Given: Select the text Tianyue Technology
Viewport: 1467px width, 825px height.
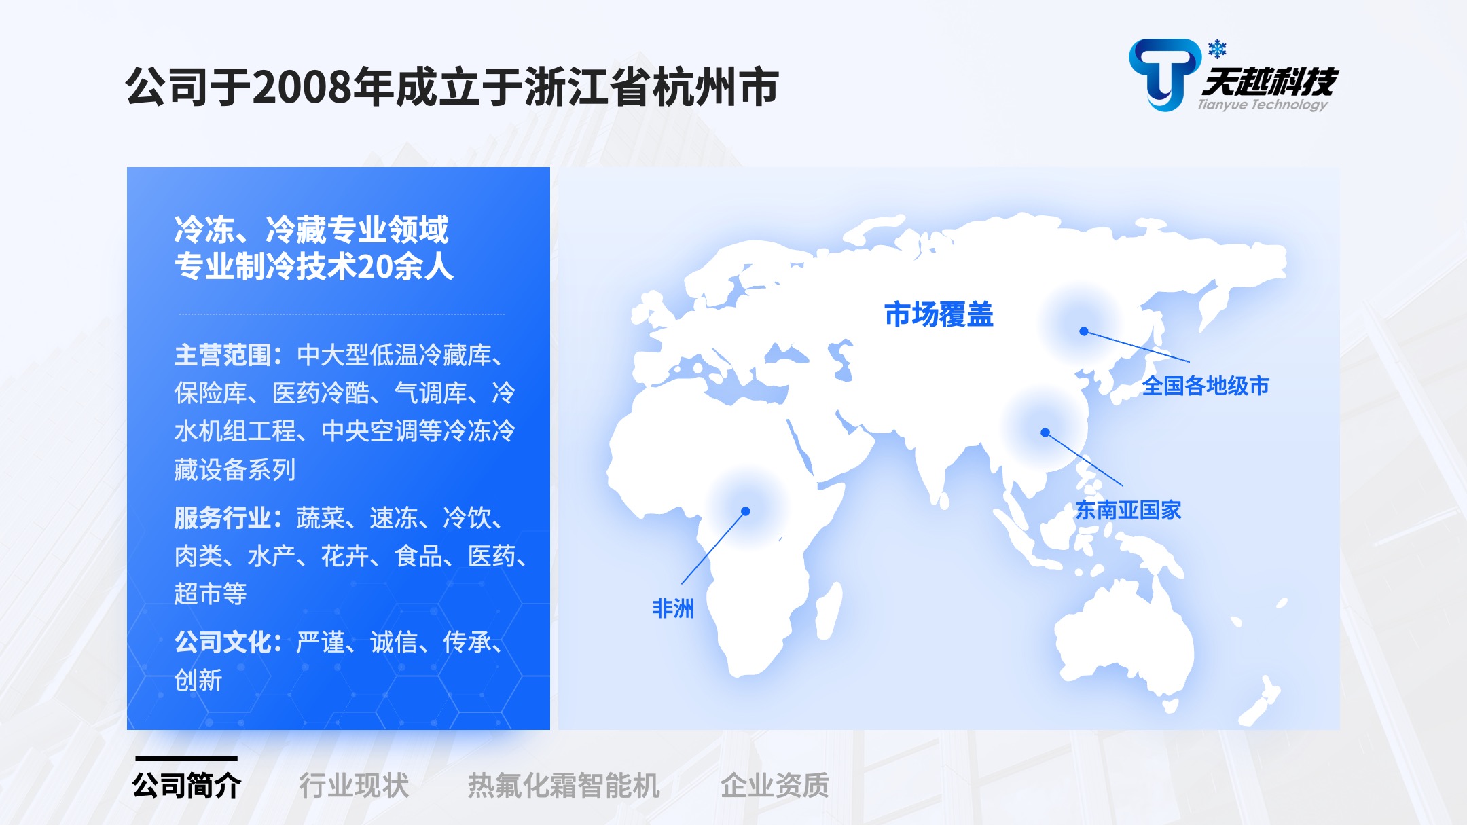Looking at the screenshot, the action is (1263, 105).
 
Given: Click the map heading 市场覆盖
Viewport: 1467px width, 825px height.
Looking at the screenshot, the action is (939, 314).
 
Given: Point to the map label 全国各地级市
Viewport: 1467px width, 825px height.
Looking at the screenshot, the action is (1206, 386).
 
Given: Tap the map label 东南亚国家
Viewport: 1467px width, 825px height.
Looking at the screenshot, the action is (1128, 510).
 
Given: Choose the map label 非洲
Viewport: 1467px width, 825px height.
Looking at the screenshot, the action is (673, 608).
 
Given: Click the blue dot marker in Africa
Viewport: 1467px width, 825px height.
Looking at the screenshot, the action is (745, 511).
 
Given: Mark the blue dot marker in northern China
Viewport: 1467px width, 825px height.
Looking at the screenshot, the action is (1084, 331).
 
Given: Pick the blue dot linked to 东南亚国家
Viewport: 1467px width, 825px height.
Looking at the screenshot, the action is (1045, 433).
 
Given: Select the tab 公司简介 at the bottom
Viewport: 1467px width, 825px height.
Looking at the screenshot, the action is (186, 786).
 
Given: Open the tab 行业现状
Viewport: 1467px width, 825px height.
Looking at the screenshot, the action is (354, 786).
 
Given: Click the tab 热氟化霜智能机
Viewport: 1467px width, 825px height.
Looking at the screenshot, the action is (564, 786).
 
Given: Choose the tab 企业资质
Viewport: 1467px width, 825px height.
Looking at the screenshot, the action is (775, 786).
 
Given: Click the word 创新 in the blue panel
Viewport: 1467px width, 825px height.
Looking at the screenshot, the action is (198, 680).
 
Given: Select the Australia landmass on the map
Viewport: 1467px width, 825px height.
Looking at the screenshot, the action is (1124, 638).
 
